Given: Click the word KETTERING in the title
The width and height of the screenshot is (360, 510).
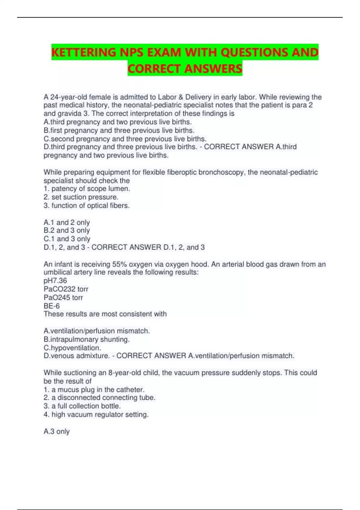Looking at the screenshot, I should pos(83,52).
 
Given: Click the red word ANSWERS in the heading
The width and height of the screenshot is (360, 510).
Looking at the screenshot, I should pos(213,69).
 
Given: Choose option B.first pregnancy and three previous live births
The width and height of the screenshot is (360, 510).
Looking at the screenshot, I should pos(119,130).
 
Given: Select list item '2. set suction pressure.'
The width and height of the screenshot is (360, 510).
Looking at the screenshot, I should pos(81,197).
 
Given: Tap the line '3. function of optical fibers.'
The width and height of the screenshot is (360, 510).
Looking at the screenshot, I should pos(86,205).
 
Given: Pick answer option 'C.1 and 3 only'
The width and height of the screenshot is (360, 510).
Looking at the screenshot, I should pos(67,239).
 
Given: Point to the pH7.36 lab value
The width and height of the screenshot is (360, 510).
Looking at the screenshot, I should pos(55,281).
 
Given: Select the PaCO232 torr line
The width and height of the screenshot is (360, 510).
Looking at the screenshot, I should pos(66,289).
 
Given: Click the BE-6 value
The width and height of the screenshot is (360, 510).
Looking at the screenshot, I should pos(52,306).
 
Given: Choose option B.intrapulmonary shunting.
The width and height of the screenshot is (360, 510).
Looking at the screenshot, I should pos(86,339).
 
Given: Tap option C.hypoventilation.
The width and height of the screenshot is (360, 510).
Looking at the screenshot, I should pos(72,348).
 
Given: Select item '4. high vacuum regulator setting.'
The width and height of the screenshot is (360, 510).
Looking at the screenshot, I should pos(96,415).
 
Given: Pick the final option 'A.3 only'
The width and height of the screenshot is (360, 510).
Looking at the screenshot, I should pos(56,431).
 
